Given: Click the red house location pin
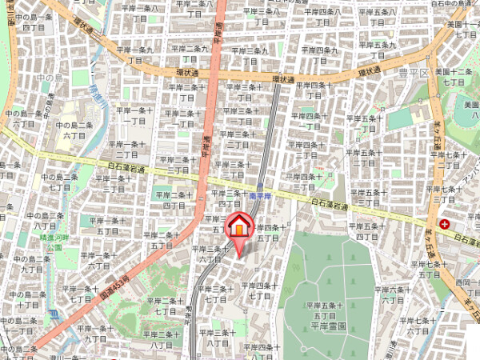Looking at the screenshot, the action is click(238, 227).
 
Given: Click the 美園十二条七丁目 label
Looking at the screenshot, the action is click(454, 77).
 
